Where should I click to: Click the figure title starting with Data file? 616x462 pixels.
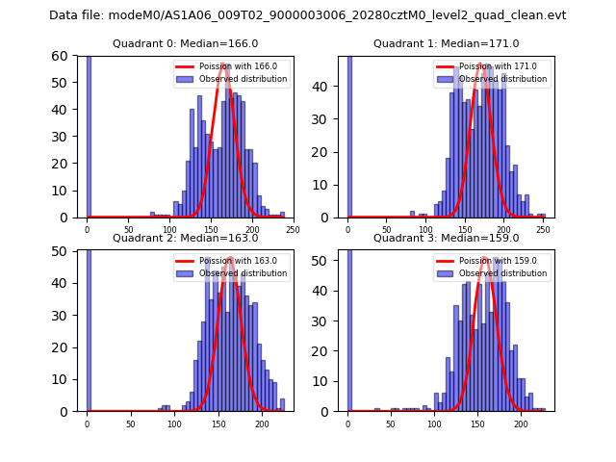click(x=308, y=15)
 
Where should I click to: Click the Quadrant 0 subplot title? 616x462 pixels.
click(x=186, y=43)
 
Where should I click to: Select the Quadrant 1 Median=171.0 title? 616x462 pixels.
click(x=446, y=43)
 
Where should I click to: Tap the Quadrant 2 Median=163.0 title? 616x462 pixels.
click(x=186, y=238)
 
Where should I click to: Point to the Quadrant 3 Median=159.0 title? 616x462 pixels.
click(x=446, y=238)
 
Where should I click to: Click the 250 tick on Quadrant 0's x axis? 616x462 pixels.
click(x=293, y=230)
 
